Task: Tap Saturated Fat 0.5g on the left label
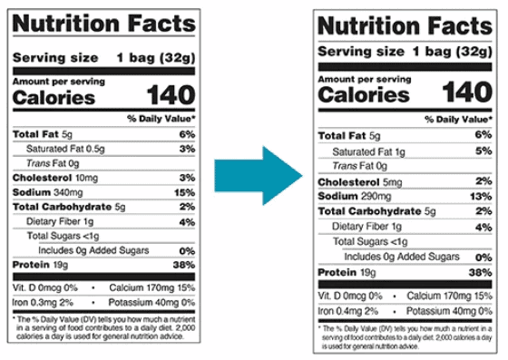[x=65, y=149]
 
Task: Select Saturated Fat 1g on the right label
[x=368, y=151]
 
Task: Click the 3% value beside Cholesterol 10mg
[x=187, y=178]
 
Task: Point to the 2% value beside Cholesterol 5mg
[x=484, y=181]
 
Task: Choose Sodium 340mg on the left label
[x=47, y=192]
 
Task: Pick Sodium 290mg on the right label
[x=355, y=196]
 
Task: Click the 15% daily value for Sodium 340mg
[x=185, y=192]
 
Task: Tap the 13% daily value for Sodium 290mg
[x=481, y=197]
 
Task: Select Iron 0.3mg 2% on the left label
[x=43, y=303]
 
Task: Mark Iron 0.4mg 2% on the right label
[x=348, y=311]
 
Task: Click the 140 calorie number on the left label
[x=171, y=95]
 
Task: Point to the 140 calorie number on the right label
[x=467, y=92]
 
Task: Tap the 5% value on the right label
[x=484, y=151]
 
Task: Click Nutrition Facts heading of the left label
[x=104, y=24]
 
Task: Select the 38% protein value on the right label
[x=481, y=273]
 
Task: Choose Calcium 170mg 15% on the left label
[x=152, y=287]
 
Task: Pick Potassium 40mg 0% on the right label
[x=449, y=311]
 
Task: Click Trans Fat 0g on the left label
[x=53, y=163]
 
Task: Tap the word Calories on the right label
[x=364, y=95]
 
